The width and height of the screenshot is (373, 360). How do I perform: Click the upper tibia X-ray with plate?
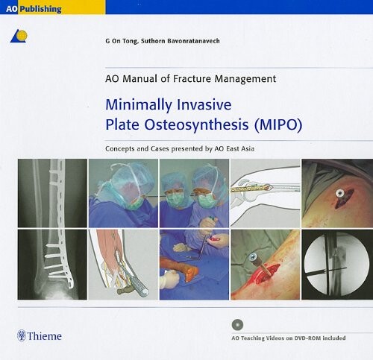(51, 193)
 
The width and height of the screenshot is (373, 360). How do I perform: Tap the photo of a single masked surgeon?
(123, 193)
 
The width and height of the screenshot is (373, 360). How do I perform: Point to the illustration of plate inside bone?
(264, 193)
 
